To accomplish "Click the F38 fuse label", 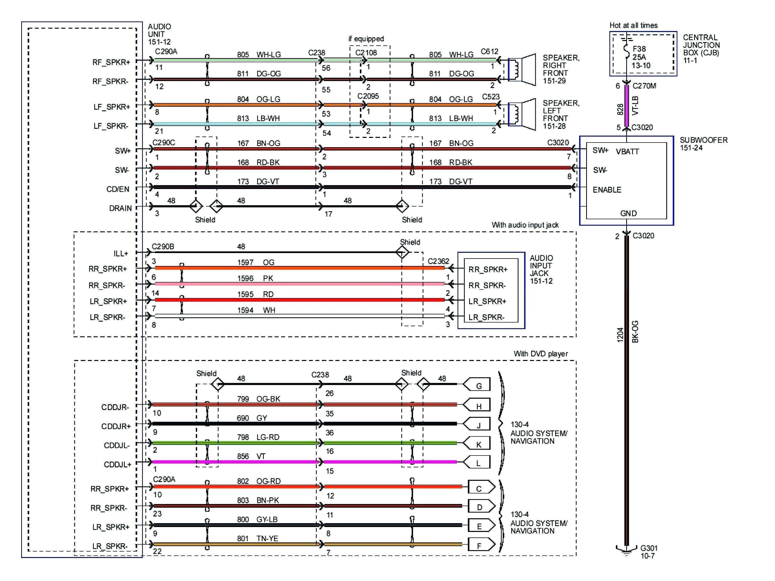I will [x=639, y=49].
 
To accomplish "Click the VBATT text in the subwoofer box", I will [x=627, y=152].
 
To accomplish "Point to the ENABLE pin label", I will [x=607, y=190].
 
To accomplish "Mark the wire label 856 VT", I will [x=251, y=456].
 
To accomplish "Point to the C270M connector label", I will [x=644, y=86].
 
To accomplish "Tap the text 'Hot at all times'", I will [x=633, y=25].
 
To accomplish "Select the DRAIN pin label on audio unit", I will [x=120, y=208].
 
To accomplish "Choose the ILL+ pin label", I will [x=121, y=253].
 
